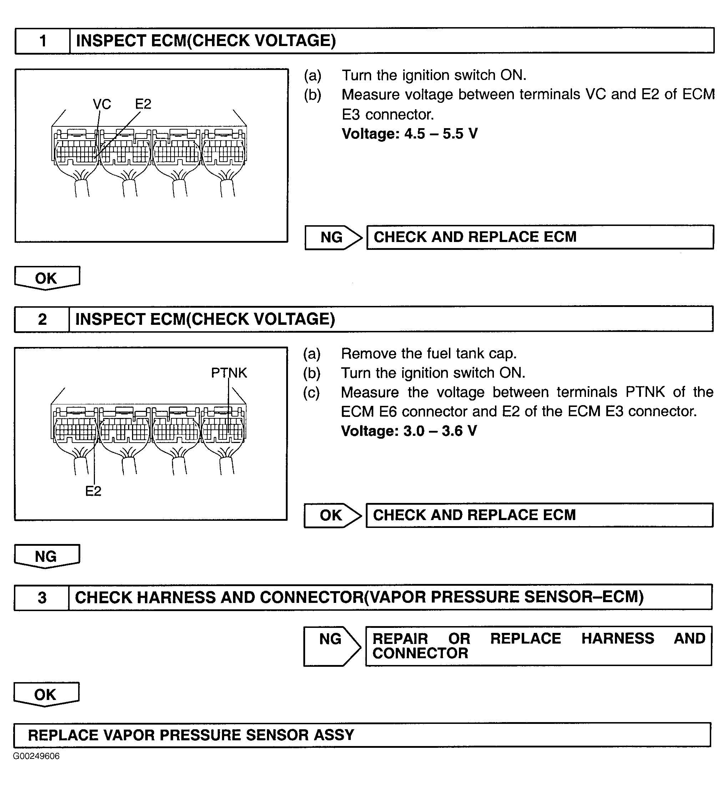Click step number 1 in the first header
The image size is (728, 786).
coord(43,41)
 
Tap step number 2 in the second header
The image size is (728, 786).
coord(42,319)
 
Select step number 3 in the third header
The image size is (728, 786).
coord(42,597)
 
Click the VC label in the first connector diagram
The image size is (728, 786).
coord(102,104)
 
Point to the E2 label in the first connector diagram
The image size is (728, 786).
coord(143,104)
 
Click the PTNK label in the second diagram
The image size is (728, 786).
coord(229,373)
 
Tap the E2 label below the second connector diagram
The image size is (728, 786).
coord(93,491)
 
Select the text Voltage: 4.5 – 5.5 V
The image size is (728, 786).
coord(410,134)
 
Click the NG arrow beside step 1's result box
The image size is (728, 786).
coord(332,237)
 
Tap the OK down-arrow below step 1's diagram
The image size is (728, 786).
coord(46,278)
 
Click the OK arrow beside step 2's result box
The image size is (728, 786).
coord(331,515)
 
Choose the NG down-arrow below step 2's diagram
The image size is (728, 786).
coord(46,556)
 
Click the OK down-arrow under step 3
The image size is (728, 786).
coord(46,694)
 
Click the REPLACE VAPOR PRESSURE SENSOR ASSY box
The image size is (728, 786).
coord(362,735)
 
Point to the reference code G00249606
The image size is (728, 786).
coord(36,756)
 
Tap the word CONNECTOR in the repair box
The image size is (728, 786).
coord(420,653)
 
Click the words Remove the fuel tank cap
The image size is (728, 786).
coord(429,354)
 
